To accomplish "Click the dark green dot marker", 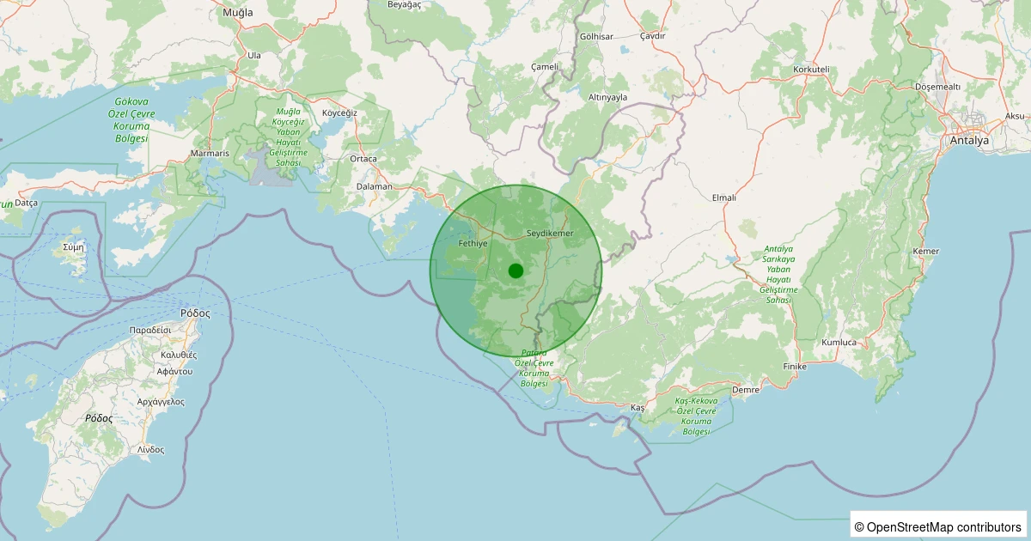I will point(515,271).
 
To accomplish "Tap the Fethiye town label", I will point(473,244).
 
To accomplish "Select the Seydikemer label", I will point(549,234).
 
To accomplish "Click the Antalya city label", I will point(969,140).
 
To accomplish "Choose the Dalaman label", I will point(375,186).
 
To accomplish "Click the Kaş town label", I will point(637,407).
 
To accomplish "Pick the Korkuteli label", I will point(811,69).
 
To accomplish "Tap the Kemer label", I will point(926,251).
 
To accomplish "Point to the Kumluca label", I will point(839,343).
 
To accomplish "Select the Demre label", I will point(745,390).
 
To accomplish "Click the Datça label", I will point(27,203).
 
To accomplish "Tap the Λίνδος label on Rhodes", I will point(150,449).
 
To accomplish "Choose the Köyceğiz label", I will point(339,113).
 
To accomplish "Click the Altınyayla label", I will point(607,97).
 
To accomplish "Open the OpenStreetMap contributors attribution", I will point(939,526).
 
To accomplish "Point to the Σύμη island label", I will point(74,246).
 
